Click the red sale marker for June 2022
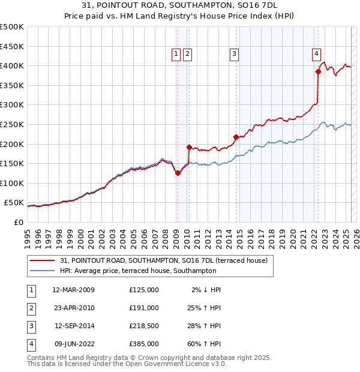pyautogui.click(x=318, y=72)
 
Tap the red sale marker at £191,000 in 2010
pyautogui.click(x=189, y=147)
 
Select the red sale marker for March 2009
pyautogui.click(x=178, y=173)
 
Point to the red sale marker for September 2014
pyautogui.click(x=236, y=137)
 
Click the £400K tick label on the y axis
pyautogui.click(x=12, y=65)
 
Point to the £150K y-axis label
pyautogui.click(x=12, y=163)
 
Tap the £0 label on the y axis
pyautogui.click(x=18, y=222)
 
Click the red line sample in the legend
pyautogui.click(x=43, y=260)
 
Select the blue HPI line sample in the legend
pyautogui.click(x=43, y=271)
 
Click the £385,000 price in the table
pyautogui.click(x=143, y=344)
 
